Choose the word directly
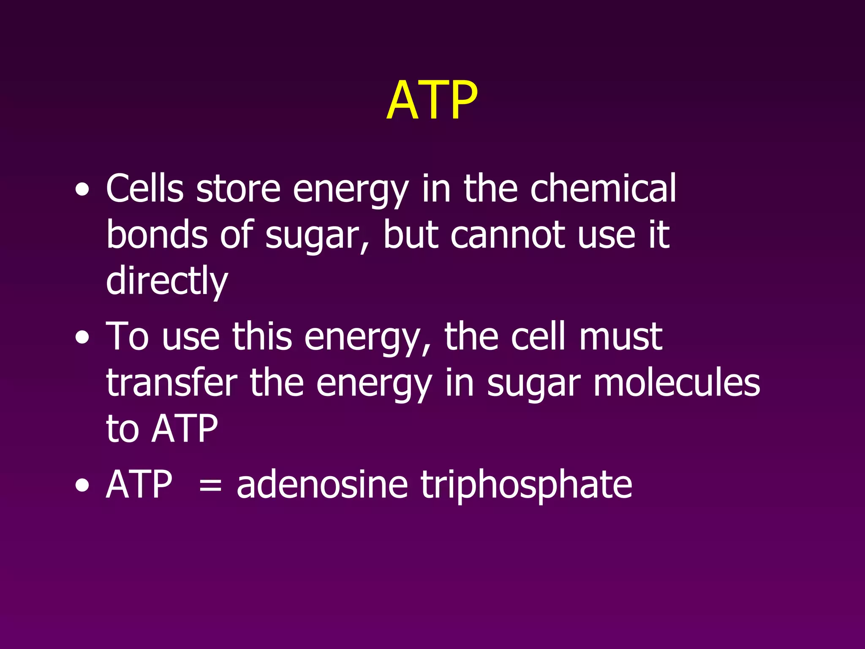(x=167, y=281)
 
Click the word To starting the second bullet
(x=127, y=336)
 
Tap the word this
(x=262, y=336)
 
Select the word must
(x=620, y=336)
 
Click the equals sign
(x=210, y=485)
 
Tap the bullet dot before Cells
(x=82, y=191)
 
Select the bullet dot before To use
(x=82, y=338)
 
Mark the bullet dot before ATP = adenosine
(x=82, y=486)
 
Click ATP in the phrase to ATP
(x=185, y=429)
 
